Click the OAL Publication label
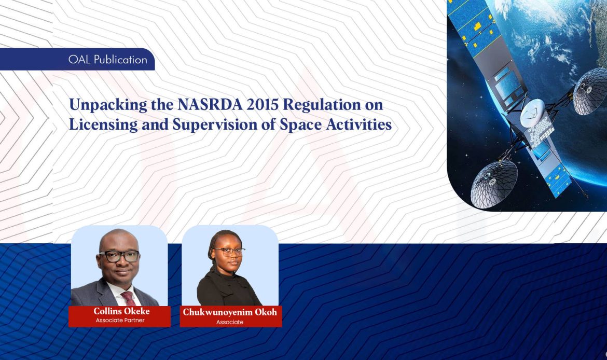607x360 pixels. (107, 60)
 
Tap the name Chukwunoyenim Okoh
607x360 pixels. (230, 312)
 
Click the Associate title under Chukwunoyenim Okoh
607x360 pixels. (230, 322)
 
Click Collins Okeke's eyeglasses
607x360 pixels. (119, 256)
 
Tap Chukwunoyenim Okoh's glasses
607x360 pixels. (229, 251)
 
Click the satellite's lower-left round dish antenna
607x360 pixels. (493, 184)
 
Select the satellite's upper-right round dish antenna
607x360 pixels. (591, 91)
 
